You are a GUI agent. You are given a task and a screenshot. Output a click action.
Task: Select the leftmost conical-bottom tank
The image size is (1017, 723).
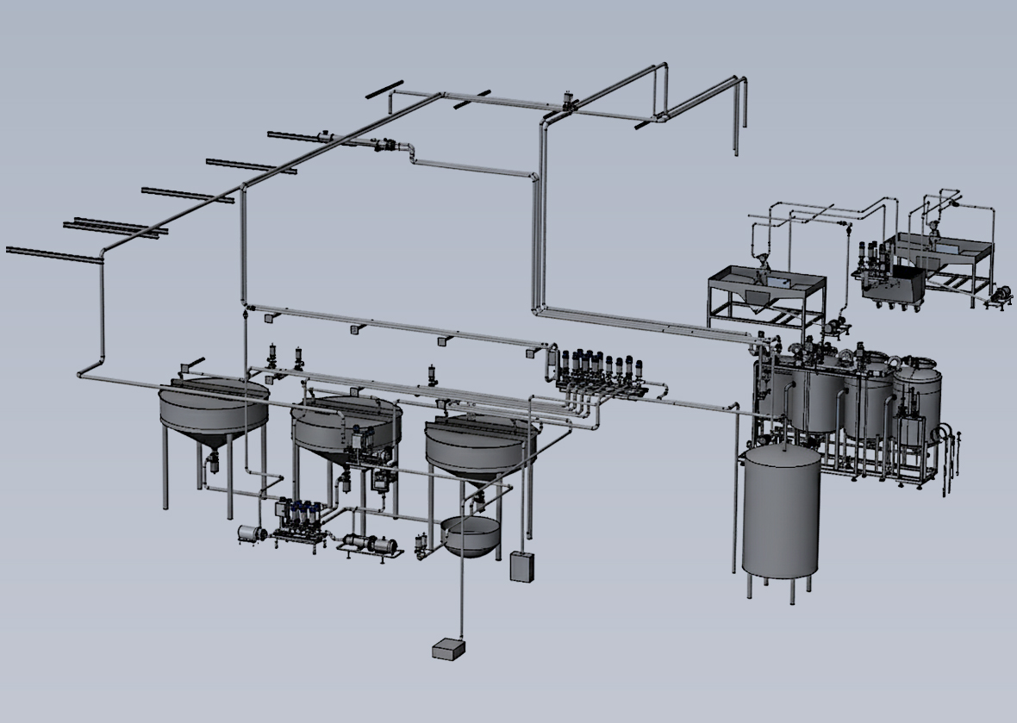214,409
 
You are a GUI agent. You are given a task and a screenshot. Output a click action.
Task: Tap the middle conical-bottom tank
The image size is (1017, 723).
346,427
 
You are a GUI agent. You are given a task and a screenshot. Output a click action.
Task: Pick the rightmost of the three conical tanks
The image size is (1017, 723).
479,445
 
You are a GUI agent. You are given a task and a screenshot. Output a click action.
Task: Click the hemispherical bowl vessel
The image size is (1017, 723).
470,536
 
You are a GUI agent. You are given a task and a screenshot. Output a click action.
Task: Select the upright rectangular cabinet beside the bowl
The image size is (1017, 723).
522,566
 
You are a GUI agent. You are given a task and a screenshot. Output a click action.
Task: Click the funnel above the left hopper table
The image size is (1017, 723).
762,264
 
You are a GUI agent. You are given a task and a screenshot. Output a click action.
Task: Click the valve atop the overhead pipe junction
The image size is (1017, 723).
568,100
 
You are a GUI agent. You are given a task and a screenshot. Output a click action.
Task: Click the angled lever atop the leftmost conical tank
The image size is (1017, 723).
196,364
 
